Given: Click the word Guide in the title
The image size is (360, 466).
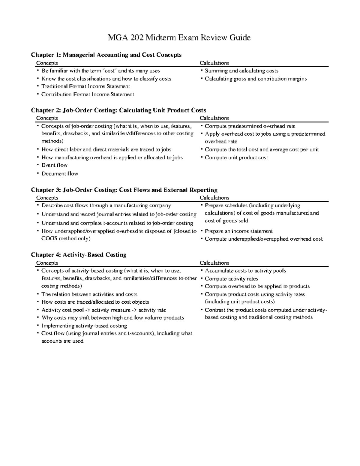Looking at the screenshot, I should coord(240,38).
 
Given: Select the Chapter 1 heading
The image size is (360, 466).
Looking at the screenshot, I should coord(106,55).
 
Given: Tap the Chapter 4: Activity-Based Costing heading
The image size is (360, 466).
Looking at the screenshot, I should coord(79,255).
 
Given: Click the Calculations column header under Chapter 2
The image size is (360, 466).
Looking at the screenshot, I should coord(214,118).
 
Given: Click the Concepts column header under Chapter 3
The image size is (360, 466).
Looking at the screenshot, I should coord(47,198).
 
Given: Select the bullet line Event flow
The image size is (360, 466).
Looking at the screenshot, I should coord(54,165).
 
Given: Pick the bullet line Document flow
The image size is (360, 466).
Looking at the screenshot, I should coord(59,173).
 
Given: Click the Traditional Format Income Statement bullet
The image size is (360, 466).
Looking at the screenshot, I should coord(85,86).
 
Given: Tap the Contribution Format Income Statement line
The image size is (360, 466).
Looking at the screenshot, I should coord(88,95).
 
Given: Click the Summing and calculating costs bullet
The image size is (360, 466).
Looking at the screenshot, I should coord(241,71).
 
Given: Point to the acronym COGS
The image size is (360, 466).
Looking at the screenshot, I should coord(49,239).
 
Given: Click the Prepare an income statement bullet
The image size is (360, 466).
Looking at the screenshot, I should coord(238,231).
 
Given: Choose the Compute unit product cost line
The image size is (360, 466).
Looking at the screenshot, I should coord(236,158).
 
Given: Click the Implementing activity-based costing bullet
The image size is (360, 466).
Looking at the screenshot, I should coord(84,326).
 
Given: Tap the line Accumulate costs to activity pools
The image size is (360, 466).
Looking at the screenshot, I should coord(245,271).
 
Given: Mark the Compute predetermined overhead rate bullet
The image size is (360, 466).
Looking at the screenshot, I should coord(250,126).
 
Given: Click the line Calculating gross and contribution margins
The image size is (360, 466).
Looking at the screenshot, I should coord(256,79).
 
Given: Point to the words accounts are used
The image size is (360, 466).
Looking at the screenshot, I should coord(62,341).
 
